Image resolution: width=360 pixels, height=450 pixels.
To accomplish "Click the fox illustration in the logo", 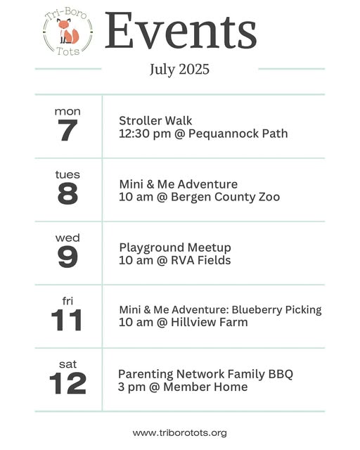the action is (x=67, y=31).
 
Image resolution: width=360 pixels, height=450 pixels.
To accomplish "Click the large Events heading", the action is (x=181, y=30).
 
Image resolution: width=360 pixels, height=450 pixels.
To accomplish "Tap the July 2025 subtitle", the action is (x=179, y=70).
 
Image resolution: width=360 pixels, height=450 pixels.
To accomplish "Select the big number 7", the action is (x=67, y=130).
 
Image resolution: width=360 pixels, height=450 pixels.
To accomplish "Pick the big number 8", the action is (x=67, y=194).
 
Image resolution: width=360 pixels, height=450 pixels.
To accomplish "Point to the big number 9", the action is (x=67, y=257).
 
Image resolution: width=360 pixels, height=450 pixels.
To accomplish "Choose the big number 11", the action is (x=67, y=321).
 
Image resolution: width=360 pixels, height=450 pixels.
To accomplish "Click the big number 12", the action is (x=67, y=383).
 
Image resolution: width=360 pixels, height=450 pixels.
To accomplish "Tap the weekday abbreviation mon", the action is (x=67, y=111).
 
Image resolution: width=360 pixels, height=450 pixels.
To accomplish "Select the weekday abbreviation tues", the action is (x=67, y=174).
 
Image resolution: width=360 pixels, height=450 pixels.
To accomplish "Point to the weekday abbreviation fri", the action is (x=67, y=301).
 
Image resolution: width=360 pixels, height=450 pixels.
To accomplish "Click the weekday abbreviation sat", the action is (x=67, y=364).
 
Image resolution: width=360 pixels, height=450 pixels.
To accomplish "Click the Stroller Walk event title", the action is (x=155, y=121).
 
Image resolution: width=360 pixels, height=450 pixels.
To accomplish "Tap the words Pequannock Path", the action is (x=238, y=134).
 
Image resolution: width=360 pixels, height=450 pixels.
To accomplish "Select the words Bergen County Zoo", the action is (x=226, y=197).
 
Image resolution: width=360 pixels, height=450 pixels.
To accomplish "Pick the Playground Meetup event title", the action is (x=175, y=247).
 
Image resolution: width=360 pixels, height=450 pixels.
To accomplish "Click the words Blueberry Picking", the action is (x=276, y=310).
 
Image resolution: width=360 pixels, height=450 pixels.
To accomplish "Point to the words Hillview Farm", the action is (x=210, y=322).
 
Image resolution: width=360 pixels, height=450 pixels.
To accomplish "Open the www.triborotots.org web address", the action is (x=180, y=433).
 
